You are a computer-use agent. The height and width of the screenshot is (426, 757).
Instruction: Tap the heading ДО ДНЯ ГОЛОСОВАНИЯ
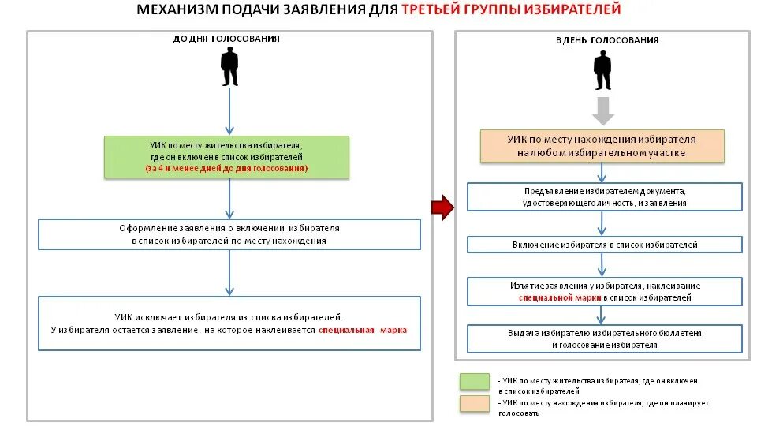226,39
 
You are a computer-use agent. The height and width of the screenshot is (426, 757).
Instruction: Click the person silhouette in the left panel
229,66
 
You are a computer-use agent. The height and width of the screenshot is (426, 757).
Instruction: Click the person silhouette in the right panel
603,70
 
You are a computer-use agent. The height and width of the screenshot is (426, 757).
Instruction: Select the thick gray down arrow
603,111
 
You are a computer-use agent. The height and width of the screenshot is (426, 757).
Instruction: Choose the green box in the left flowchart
226,157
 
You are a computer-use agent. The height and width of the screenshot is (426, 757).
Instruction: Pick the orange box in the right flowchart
602,146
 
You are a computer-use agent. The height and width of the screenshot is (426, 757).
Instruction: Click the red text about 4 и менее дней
226,169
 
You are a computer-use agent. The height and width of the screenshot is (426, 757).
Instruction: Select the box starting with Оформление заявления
229,234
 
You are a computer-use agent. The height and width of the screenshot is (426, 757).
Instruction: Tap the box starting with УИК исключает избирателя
229,322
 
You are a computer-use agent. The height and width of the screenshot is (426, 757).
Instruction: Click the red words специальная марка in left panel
363,330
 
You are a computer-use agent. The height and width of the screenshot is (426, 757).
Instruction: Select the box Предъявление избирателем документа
604,196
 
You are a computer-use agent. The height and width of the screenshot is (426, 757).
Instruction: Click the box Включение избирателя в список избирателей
604,245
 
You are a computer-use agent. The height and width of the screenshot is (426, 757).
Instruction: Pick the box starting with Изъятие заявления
604,291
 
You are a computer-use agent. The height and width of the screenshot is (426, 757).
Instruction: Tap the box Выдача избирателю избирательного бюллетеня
604,338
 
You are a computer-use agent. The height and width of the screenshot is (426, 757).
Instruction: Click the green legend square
474,382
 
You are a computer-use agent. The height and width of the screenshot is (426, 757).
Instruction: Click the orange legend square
474,404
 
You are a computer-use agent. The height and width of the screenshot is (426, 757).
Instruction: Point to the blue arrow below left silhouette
229,111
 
